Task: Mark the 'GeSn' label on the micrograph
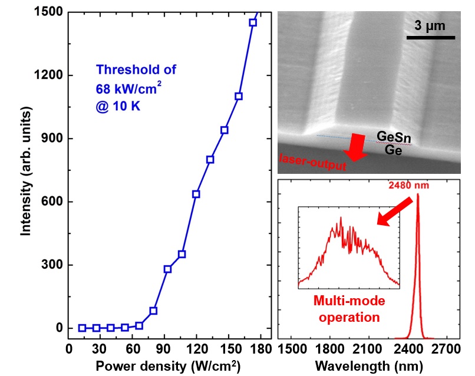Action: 391,137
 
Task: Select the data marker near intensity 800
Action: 210,159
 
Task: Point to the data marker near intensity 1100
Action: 239,96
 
